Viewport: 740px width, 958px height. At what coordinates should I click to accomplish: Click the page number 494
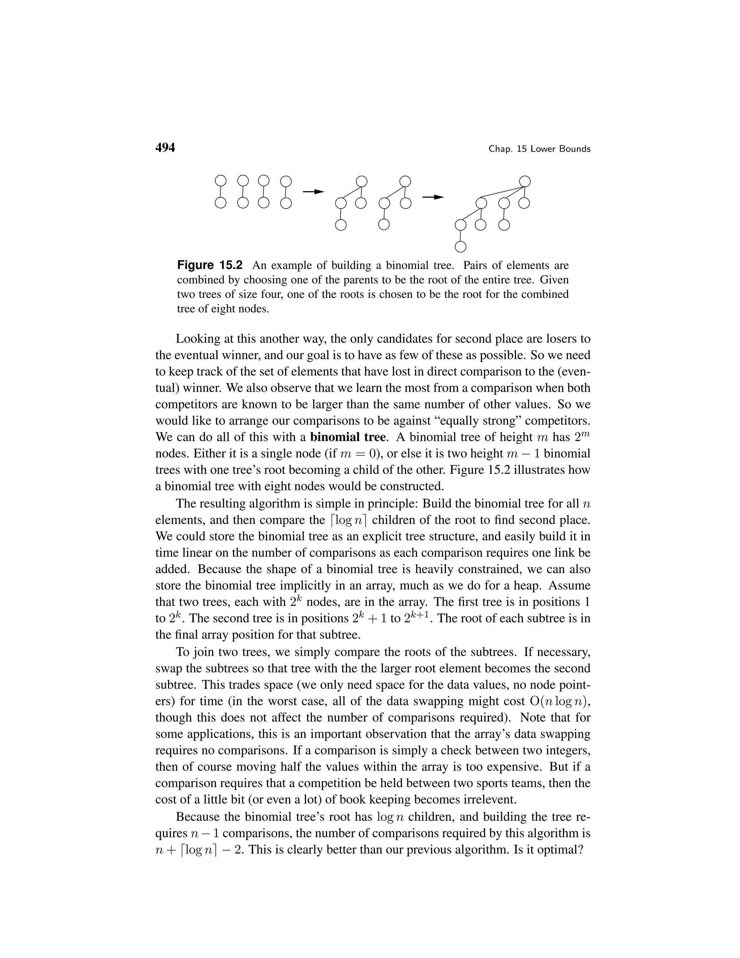(x=165, y=148)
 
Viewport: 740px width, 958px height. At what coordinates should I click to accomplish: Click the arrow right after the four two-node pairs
(x=313, y=192)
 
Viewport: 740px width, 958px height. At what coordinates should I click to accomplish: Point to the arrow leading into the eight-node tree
(x=433, y=197)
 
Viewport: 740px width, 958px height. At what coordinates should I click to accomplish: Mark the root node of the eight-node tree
(x=525, y=181)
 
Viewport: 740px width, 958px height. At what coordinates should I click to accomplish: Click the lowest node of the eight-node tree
(x=460, y=247)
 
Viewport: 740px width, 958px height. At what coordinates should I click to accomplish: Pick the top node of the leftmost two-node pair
(x=221, y=180)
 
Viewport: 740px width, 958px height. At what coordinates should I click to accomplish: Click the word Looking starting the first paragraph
(x=197, y=339)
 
